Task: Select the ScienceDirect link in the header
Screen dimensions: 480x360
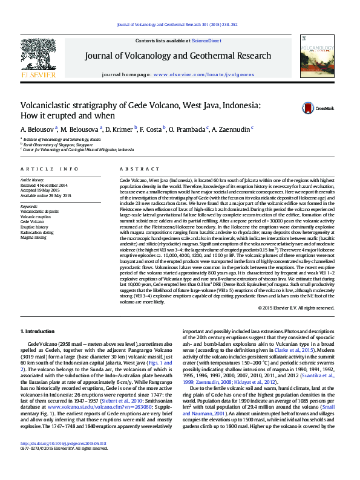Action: pyautogui.click(x=206, y=40)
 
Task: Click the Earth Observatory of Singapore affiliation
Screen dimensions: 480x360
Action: pyautogui.click(x=59, y=144)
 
